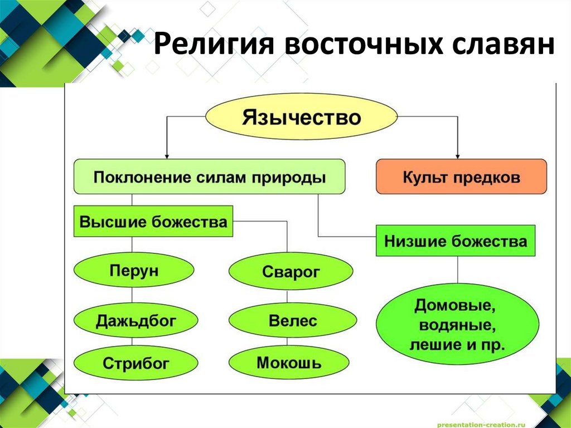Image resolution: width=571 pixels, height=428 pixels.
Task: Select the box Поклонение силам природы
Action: (x=209, y=177)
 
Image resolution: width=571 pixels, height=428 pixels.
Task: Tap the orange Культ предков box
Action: (x=461, y=177)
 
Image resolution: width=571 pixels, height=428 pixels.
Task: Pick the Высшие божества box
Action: (x=153, y=222)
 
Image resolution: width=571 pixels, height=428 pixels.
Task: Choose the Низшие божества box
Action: (x=455, y=241)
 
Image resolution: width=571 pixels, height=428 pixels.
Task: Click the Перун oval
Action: (x=134, y=270)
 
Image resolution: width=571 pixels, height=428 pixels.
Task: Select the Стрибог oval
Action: (x=136, y=364)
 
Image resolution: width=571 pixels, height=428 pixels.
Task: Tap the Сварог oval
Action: (x=291, y=273)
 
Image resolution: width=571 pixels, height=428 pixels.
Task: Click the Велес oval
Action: (x=292, y=321)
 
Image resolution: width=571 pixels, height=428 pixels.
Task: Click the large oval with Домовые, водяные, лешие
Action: (x=457, y=325)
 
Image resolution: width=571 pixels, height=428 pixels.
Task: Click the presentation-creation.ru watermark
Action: (x=482, y=422)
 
